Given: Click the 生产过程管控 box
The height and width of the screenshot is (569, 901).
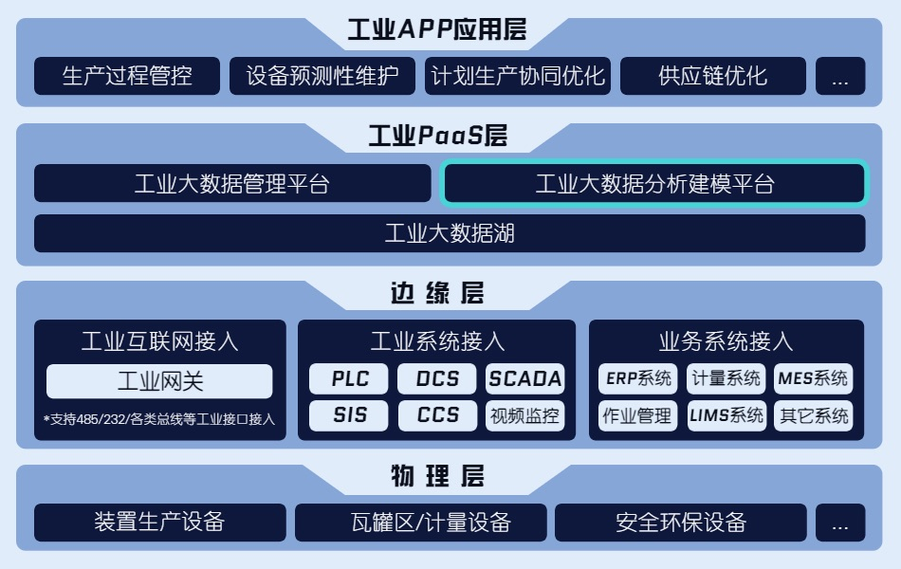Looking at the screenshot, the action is pyautogui.click(x=127, y=76).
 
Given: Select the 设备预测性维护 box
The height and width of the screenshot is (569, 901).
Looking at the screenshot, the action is pyautogui.click(x=322, y=76).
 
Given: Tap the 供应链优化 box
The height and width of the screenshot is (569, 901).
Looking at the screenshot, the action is pyautogui.click(x=713, y=76).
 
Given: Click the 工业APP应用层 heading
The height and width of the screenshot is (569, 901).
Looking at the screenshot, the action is pyautogui.click(x=436, y=29).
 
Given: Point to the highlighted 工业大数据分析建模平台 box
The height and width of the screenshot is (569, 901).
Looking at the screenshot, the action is pyautogui.click(x=654, y=184).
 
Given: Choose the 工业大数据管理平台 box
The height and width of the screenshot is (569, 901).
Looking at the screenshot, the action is pyautogui.click(x=232, y=183).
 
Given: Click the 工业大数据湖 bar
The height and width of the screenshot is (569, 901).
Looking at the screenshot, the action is pyautogui.click(x=450, y=233).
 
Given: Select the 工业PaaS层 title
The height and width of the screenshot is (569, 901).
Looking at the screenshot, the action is pyautogui.click(x=438, y=136).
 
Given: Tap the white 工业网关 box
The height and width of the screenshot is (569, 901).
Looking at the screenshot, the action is pyautogui.click(x=159, y=381).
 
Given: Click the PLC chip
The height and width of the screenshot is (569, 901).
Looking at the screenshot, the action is pyautogui.click(x=349, y=378).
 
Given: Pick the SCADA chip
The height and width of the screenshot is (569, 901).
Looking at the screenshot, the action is pyautogui.click(x=525, y=378).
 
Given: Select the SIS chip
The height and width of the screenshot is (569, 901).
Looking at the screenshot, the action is pyautogui.click(x=349, y=415).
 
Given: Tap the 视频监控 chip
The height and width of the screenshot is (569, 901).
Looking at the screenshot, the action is pyautogui.click(x=525, y=415).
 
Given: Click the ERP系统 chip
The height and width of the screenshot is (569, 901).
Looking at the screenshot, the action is pyautogui.click(x=638, y=378).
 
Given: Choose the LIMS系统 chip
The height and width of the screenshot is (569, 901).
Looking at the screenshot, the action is pyautogui.click(x=726, y=415).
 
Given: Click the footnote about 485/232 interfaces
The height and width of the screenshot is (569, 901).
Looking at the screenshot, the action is pyautogui.click(x=159, y=419).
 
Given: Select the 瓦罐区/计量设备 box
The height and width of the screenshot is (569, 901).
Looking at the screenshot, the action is pyautogui.click(x=421, y=523).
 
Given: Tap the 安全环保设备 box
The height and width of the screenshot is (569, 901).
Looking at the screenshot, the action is pyautogui.click(x=681, y=523).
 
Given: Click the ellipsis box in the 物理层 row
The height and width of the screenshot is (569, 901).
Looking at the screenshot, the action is pyautogui.click(x=840, y=523).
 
